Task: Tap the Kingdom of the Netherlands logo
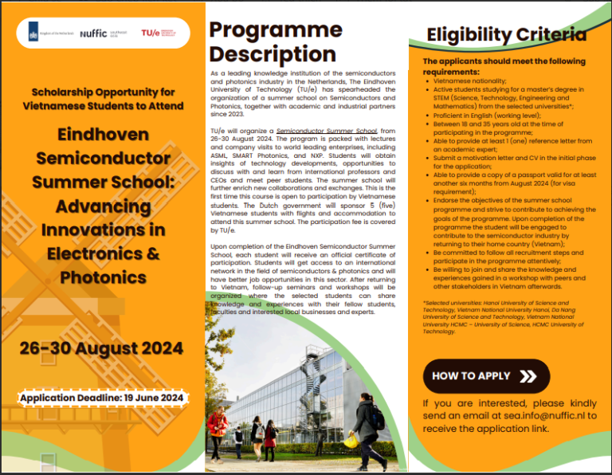49,33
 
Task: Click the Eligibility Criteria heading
506,34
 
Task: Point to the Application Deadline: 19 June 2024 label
102,398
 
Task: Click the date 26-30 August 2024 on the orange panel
102,348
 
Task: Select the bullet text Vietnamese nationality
470,80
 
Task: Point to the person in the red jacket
215,430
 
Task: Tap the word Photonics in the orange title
103,277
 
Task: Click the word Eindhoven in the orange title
103,135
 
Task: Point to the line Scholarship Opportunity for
103,91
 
